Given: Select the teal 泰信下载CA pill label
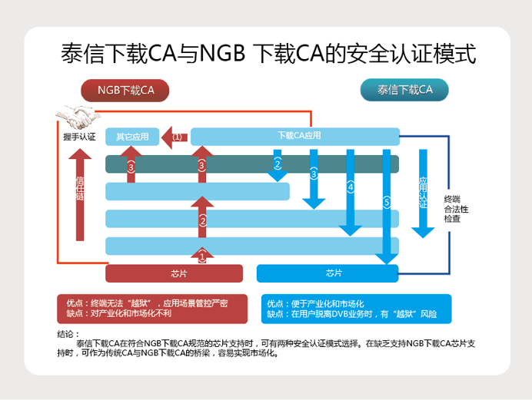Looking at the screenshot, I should (404, 91).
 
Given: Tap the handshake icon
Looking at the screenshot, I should (78, 117).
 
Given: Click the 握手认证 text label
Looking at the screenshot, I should (79, 137).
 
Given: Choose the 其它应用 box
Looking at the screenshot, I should (132, 137).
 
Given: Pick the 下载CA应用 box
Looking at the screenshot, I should (295, 137).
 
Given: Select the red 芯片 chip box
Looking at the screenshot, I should (174, 273).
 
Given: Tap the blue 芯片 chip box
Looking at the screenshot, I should (328, 273).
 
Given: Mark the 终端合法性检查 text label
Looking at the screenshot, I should (457, 209).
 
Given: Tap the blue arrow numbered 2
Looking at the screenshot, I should (278, 165).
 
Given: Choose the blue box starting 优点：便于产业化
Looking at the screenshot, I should (356, 308).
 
